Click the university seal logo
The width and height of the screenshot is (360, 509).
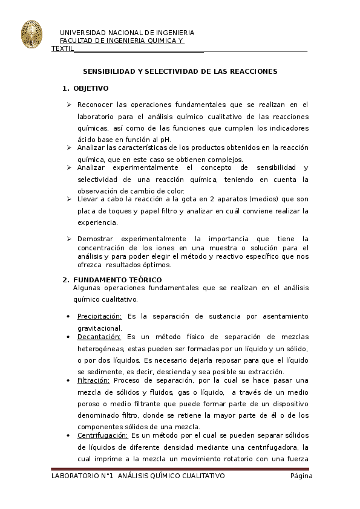pyautogui.click(x=31, y=34)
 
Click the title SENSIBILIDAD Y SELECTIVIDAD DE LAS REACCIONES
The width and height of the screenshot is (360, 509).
pyautogui.click(x=180, y=71)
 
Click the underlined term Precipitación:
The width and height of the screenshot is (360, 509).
pyautogui.click(x=99, y=316)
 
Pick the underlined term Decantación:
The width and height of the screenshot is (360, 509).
pyautogui.click(x=99, y=336)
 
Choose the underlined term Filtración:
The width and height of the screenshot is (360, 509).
pyautogui.click(x=93, y=380)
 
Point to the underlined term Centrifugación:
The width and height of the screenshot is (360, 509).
pyautogui.click(x=102, y=435)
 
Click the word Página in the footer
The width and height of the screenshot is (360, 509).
pyautogui.click(x=301, y=476)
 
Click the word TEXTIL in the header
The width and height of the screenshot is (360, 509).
pyautogui.click(x=63, y=48)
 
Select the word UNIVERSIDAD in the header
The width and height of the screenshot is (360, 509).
pyautogui.click(x=83, y=32)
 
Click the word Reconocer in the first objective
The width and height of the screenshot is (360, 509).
pyautogui.click(x=94, y=104)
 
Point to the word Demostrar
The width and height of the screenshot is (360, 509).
pyautogui.click(x=96, y=239)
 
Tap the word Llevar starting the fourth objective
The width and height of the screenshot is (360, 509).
pyautogui.click(x=88, y=199)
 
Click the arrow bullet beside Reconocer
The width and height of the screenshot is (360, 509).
pyautogui.click(x=69, y=105)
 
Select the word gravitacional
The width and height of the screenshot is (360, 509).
pyautogui.click(x=100, y=328)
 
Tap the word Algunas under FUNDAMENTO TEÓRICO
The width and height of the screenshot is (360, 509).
pyautogui.click(x=87, y=288)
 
